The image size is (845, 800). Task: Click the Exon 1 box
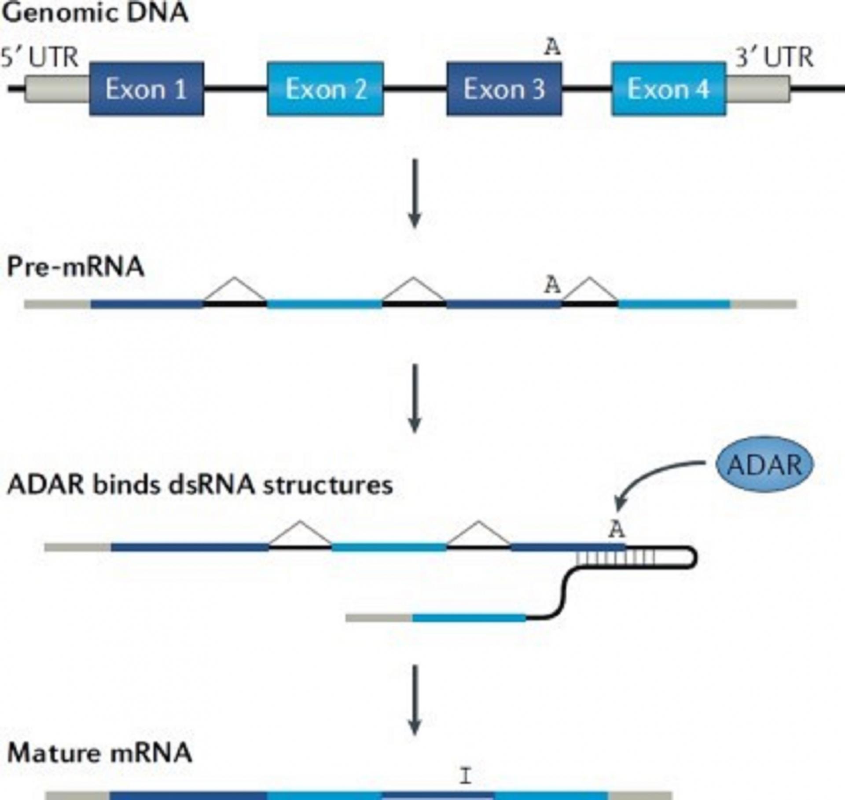pyautogui.click(x=146, y=89)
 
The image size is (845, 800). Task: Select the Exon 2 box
pyautogui.click(x=325, y=89)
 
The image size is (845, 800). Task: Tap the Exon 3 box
pyautogui.click(x=504, y=89)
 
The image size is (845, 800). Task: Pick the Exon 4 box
pyautogui.click(x=669, y=89)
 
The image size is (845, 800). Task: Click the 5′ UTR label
pyautogui.click(x=40, y=58)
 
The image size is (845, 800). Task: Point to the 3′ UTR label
pyautogui.click(x=775, y=58)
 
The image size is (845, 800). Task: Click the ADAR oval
pyautogui.click(x=765, y=464)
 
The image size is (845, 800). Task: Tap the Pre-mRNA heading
pyautogui.click(x=76, y=267)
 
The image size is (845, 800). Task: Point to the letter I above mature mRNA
pyautogui.click(x=465, y=776)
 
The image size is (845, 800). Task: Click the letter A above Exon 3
pyautogui.click(x=552, y=47)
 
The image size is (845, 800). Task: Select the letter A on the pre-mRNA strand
pyautogui.click(x=552, y=285)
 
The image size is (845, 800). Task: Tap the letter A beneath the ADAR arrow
pyautogui.click(x=617, y=530)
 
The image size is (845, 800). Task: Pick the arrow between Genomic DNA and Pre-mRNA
pyautogui.click(x=414, y=194)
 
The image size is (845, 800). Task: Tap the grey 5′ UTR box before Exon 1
pyautogui.click(x=56, y=89)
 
